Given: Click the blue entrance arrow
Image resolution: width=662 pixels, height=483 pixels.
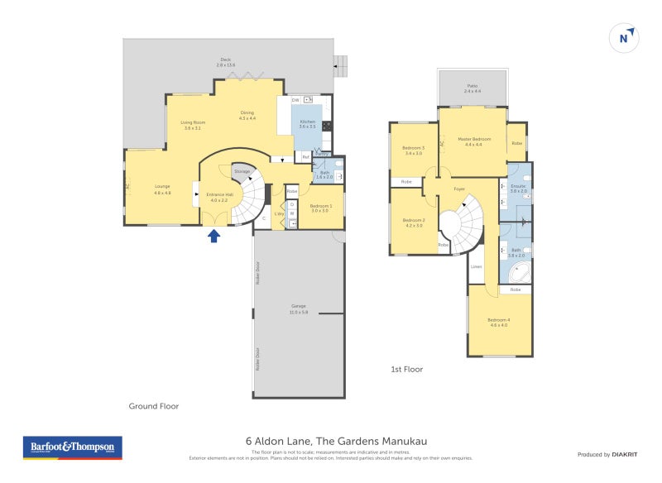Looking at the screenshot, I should [213, 236].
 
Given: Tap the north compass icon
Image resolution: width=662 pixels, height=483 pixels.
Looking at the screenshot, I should [626, 38].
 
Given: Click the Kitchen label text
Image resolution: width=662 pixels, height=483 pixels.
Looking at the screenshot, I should [308, 124].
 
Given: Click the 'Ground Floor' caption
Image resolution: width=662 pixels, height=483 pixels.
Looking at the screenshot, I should [154, 406].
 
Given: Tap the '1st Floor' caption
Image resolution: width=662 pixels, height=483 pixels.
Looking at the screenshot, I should [406, 369].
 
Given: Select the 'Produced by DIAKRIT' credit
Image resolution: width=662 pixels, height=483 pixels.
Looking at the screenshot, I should [608, 454].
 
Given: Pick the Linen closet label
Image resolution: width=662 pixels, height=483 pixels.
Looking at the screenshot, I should [477, 266].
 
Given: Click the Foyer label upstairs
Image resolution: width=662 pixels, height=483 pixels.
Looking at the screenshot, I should [459, 189].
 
